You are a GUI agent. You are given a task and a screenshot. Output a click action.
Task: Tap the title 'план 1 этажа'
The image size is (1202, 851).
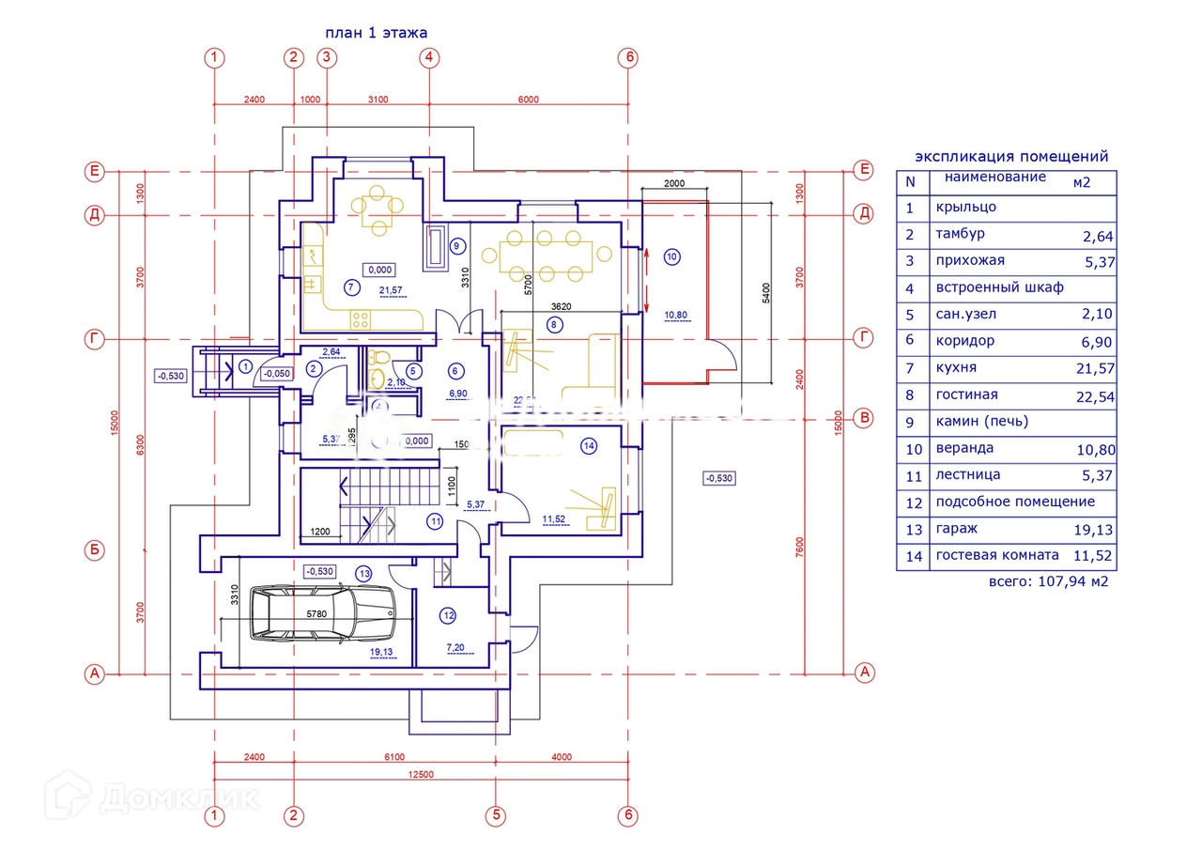point(376,33)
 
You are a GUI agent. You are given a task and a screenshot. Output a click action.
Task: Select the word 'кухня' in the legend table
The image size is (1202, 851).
point(956,368)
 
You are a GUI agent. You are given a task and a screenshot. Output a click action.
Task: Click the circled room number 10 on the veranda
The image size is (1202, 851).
point(670,255)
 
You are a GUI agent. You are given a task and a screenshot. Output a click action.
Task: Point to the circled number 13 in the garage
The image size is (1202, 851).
point(364,572)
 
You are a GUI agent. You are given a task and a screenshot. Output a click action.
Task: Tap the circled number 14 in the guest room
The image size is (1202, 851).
point(589,447)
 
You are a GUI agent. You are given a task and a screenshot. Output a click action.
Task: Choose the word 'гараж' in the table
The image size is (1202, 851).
point(957,529)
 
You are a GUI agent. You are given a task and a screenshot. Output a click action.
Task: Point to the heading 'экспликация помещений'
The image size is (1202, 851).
point(1011,157)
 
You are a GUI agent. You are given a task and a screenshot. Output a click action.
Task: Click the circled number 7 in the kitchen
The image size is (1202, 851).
point(351,286)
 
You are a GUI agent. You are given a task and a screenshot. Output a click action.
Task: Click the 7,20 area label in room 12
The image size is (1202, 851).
point(455,648)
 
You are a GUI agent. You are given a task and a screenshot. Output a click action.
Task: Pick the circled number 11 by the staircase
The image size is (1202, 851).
point(435,521)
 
